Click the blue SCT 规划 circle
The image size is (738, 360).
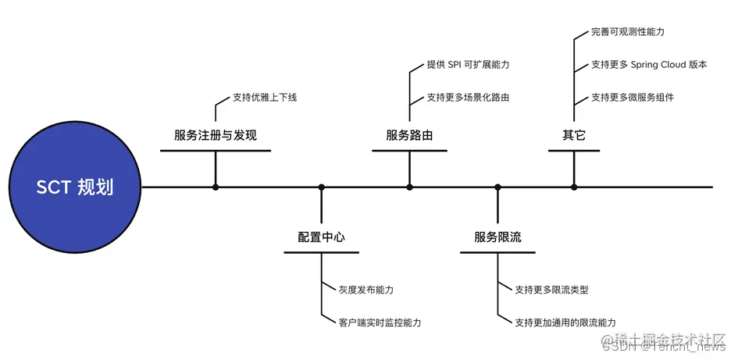click(x=75, y=187)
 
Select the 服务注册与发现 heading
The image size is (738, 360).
click(x=216, y=135)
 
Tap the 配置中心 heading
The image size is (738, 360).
click(x=321, y=237)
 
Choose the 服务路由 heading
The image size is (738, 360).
click(x=409, y=135)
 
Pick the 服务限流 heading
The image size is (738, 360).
click(x=497, y=237)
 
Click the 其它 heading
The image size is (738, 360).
click(x=574, y=135)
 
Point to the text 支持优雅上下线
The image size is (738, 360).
click(x=265, y=98)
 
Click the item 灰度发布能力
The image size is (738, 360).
click(x=366, y=290)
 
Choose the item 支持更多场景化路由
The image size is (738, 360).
click(x=468, y=98)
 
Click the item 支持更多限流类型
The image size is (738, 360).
click(x=551, y=290)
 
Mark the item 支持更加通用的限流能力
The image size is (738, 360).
click(x=565, y=322)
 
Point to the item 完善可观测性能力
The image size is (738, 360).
click(x=628, y=33)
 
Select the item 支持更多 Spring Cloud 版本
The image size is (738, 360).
click(x=649, y=65)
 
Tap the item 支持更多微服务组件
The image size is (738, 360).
click(x=633, y=98)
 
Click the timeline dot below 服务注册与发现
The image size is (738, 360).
click(x=216, y=187)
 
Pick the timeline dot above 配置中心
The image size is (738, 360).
click(x=321, y=187)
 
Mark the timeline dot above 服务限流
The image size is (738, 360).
click(x=497, y=187)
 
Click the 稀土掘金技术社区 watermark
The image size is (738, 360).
click(x=670, y=341)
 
